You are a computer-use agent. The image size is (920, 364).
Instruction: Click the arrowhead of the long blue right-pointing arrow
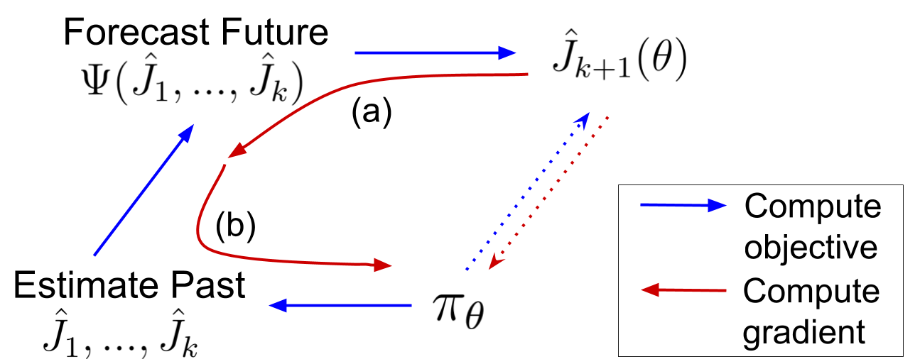click(509, 53)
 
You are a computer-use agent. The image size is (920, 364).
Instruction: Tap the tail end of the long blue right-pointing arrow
click(355, 53)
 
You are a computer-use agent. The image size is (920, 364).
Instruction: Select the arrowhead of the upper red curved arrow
click(235, 151)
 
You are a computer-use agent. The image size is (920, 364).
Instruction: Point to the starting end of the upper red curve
click(528, 73)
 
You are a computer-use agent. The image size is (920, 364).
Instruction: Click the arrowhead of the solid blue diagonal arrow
click(188, 132)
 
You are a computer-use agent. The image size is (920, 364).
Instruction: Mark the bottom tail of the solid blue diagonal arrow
click(94, 255)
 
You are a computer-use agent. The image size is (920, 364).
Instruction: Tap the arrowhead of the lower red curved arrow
click(384, 265)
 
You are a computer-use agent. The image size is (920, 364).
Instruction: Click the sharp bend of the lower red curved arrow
click(200, 238)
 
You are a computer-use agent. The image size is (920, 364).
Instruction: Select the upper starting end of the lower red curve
click(225, 165)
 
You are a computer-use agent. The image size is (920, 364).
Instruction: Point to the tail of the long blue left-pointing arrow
click(411, 305)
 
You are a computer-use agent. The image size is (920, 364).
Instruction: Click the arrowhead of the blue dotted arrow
click(584, 118)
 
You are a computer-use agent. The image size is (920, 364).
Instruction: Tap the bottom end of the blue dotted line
click(467, 270)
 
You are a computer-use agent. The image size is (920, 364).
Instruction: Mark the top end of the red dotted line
click(608, 117)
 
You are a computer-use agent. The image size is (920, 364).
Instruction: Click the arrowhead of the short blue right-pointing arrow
click(718, 206)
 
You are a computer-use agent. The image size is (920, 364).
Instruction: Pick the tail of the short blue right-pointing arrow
click(641, 205)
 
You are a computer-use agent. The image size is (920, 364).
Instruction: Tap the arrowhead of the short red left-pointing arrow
click(649, 289)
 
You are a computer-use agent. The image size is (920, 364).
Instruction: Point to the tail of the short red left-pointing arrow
click(726, 290)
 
